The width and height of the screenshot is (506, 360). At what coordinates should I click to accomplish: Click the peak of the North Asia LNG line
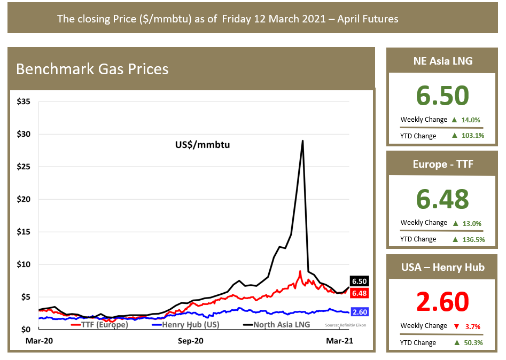[303, 141]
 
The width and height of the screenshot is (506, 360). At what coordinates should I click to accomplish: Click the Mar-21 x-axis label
[340, 340]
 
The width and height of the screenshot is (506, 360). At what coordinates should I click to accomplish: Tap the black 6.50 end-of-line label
[359, 281]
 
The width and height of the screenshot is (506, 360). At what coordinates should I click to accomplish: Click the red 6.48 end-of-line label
[359, 293]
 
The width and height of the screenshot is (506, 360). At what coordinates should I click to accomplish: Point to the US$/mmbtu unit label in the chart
[203, 144]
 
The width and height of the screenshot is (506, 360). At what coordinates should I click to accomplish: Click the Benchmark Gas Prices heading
[92, 69]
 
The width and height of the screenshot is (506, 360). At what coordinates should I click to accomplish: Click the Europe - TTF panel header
[442, 165]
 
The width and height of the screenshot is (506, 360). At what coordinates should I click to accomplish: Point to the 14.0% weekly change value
[472, 120]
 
